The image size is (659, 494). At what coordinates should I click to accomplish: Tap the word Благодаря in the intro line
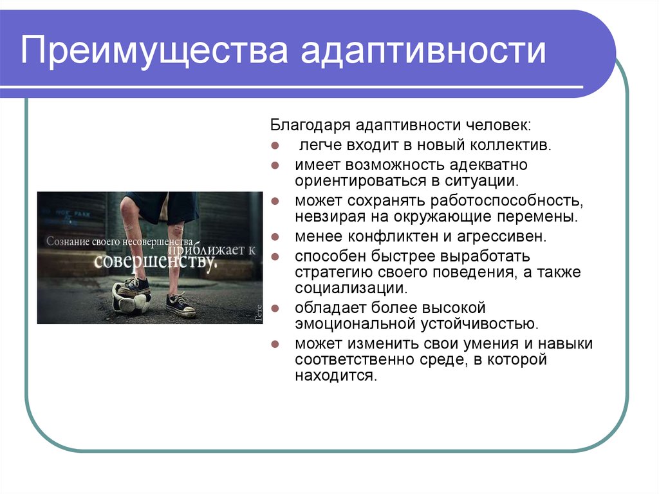310,126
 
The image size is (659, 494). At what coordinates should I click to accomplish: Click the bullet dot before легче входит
275,146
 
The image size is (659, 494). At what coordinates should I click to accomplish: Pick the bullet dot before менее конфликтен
275,237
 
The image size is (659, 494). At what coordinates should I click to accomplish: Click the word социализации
351,289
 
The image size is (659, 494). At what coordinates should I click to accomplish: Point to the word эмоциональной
355,324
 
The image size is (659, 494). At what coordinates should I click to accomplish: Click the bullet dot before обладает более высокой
275,309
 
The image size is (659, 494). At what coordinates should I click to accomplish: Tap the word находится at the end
336,375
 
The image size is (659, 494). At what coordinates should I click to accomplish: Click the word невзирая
330,217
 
